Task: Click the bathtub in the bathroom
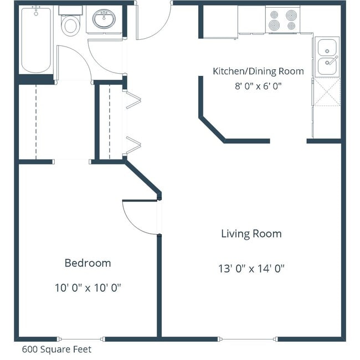pos(36,39)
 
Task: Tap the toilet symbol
pos(70,24)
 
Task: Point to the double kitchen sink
pos(327,57)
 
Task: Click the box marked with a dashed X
pos(327,91)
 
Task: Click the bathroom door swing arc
pos(105,58)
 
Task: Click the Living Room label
pos(251,234)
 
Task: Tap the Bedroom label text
pos(88,263)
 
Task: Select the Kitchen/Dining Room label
pos(258,71)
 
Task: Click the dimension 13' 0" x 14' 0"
pos(251,269)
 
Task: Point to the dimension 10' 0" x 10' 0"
pos(88,288)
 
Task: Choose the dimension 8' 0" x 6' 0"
pos(258,86)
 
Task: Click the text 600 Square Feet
pos(56,349)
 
